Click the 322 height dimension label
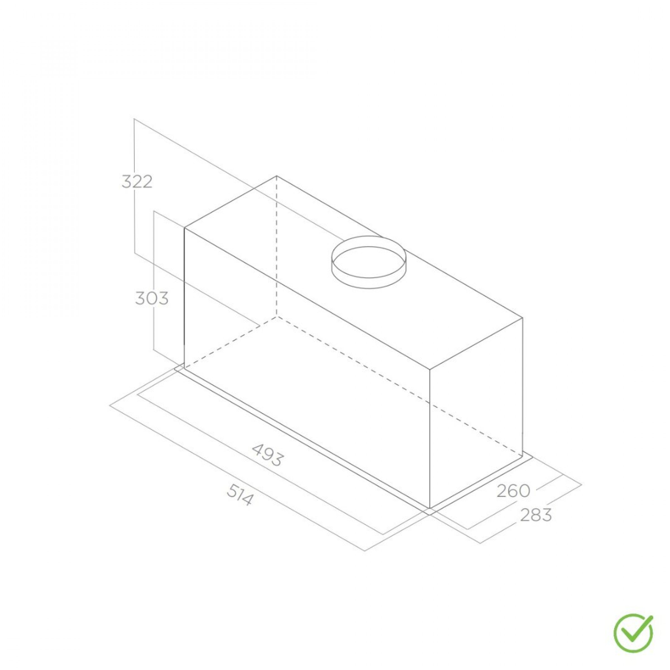tap(137, 182)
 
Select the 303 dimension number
tap(152, 298)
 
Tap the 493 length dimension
tap(268, 454)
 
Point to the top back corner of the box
tap(276, 176)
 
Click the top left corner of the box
tap(185, 228)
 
